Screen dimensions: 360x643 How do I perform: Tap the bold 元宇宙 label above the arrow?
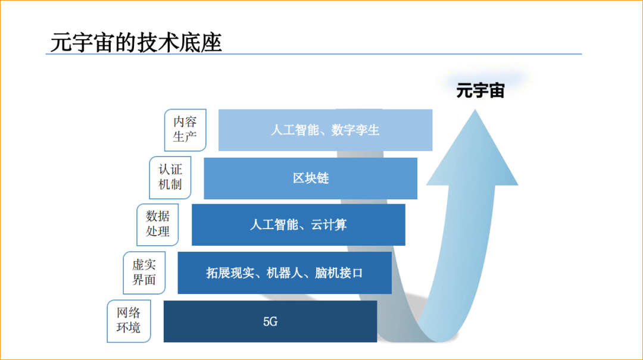[480, 91]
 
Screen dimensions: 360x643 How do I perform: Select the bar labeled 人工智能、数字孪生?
[325, 130]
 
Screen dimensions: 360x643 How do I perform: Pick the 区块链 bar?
[310, 178]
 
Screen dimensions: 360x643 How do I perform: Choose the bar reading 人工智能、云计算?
[298, 225]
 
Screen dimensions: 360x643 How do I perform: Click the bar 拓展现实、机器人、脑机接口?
[285, 273]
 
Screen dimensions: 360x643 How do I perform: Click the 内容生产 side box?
[185, 129]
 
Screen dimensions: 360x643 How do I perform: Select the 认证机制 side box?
[170, 177]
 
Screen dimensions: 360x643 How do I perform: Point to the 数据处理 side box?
[158, 224]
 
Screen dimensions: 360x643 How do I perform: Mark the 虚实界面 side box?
[143, 272]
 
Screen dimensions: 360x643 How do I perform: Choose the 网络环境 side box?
[129, 320]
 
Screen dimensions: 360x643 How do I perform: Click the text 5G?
[270, 322]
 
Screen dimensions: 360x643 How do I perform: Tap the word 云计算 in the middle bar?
[329, 225]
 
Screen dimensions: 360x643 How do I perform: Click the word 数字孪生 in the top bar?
[355, 130]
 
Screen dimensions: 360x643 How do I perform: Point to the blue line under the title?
[313, 54]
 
